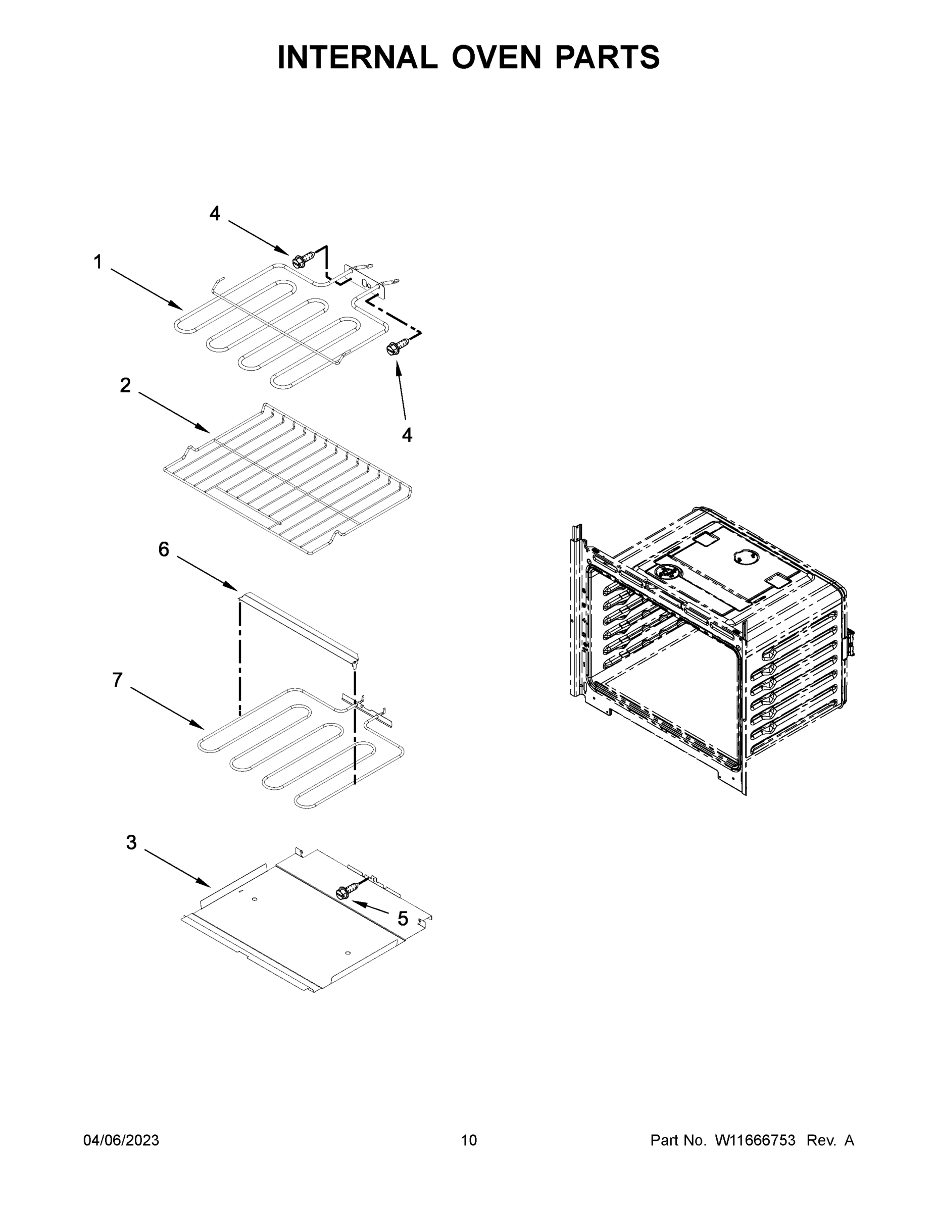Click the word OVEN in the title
(496, 57)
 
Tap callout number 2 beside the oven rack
(125, 385)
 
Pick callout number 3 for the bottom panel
(131, 842)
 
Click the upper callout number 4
(215, 213)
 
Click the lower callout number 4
(407, 436)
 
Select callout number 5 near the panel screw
(403, 919)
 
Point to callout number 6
(164, 549)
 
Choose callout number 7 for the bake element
(118, 679)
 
